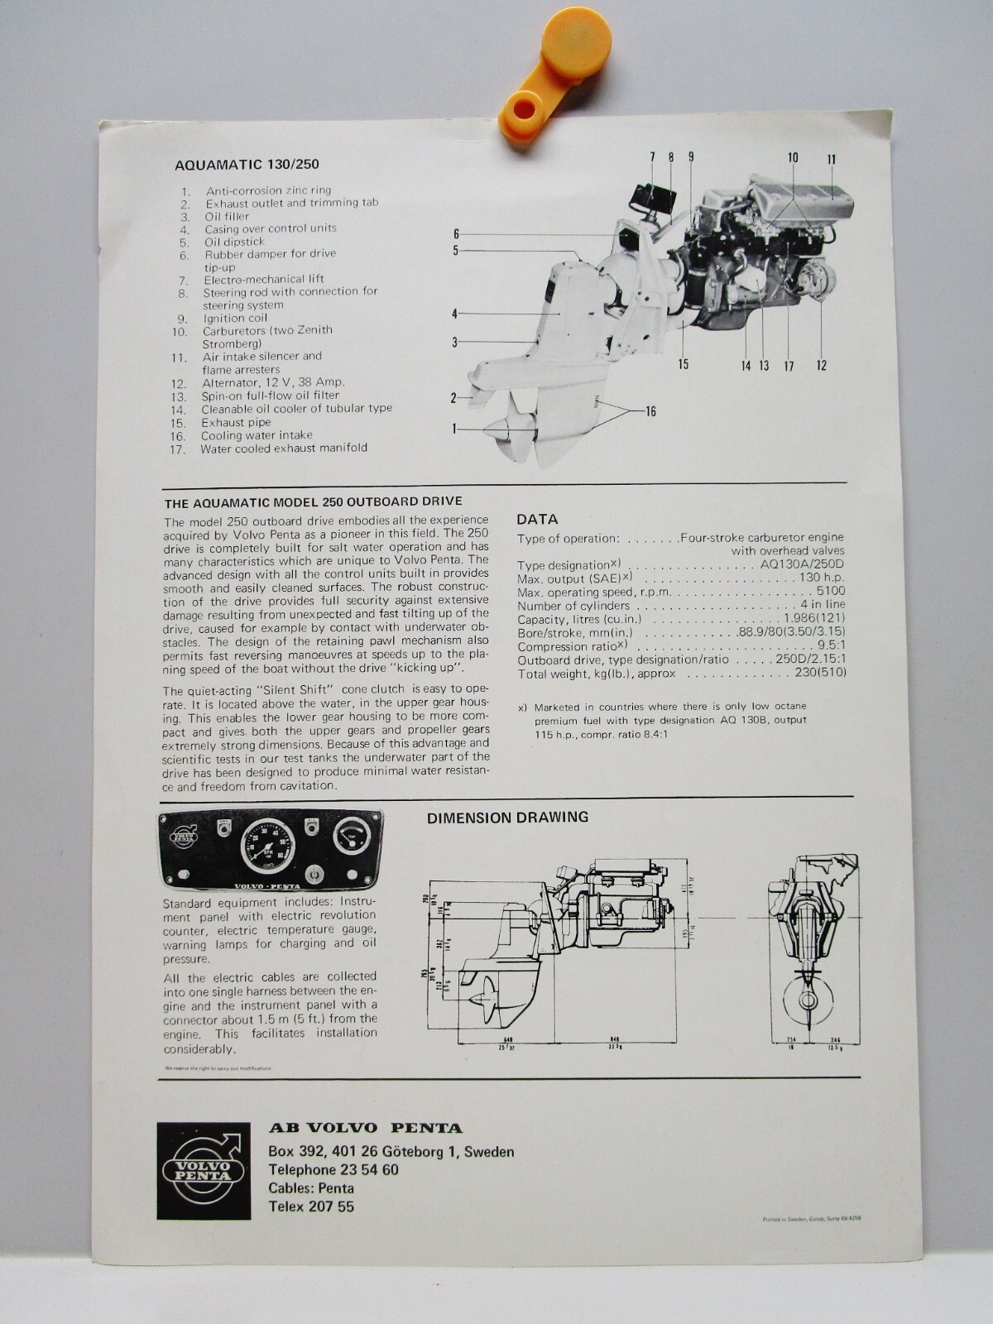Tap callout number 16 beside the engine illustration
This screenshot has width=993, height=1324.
coord(650,411)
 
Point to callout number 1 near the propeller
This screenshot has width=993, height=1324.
coord(454,428)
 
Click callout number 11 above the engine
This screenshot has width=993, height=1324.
coord(831,159)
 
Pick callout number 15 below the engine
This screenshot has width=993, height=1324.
coord(684,364)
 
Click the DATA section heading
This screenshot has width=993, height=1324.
coord(537,519)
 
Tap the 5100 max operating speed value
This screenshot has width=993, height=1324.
coord(830,591)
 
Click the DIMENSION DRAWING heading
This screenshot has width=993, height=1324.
coord(507,818)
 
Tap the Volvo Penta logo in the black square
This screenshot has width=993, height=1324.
coord(204,1170)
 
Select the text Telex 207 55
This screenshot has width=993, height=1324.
coord(311,1206)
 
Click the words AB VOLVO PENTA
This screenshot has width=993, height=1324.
coord(365,1128)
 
